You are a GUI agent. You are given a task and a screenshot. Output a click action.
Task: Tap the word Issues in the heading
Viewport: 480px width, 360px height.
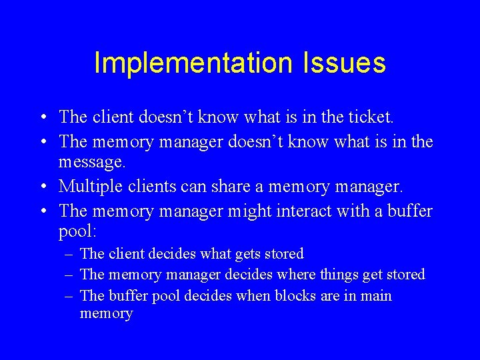pos(344,63)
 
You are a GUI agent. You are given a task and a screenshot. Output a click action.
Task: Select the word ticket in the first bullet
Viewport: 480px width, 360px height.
pos(369,117)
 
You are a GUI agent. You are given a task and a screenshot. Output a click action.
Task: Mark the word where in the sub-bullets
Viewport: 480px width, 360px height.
pos(296,274)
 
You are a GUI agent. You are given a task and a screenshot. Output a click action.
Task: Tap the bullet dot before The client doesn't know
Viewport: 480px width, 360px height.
pos(42,118)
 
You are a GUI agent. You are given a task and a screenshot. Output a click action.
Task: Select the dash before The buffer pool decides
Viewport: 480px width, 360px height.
pos(69,296)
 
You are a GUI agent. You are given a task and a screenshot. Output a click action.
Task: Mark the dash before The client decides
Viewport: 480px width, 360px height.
pos(69,254)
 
